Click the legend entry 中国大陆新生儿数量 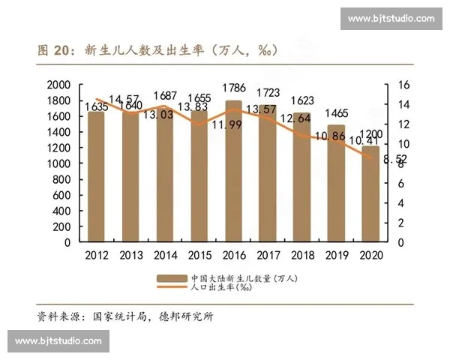244,278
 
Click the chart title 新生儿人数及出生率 143,50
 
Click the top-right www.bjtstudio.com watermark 391,18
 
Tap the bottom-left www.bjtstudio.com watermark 58,341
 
